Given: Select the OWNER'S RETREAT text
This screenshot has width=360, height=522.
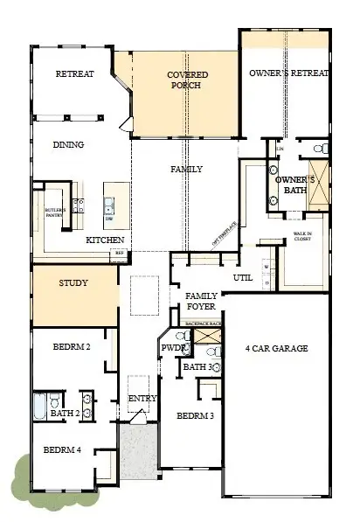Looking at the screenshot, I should pos(287,73).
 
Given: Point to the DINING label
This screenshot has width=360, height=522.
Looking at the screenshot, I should pos(68,145).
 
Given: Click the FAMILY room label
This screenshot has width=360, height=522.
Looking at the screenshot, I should pos(186,169).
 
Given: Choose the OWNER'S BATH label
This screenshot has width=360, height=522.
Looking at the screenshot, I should pos(288,184).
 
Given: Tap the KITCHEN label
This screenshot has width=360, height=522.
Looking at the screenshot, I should pos(105,240).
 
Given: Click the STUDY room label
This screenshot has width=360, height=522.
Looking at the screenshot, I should pos(74,283).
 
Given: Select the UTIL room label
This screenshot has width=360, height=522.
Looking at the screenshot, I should pos(242,277).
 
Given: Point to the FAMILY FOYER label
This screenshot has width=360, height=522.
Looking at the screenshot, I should pos(202,302).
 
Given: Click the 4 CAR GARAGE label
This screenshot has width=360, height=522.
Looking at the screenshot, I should pos(275,348).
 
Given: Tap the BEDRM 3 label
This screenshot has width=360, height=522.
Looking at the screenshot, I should pos(196,416).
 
